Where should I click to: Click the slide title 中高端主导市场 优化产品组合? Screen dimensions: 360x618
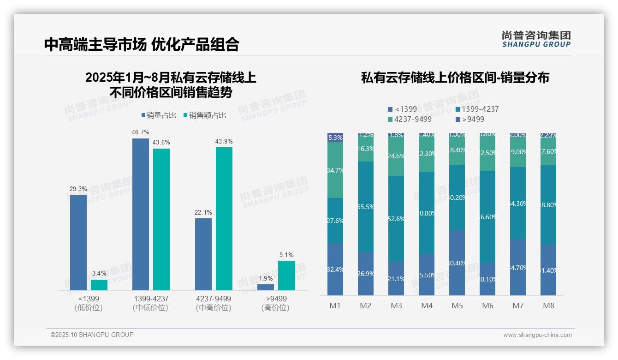(x=142, y=44)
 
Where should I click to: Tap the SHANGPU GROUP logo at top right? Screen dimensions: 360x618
(x=536, y=39)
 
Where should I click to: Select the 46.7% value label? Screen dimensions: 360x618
(x=140, y=132)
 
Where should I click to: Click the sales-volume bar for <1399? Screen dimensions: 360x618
(x=78, y=242)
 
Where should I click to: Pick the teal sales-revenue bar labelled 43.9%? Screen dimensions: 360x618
(x=224, y=218)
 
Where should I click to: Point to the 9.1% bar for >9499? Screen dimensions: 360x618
(x=286, y=275)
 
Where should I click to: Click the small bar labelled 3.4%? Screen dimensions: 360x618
(x=99, y=285)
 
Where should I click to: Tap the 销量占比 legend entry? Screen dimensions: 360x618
(x=159, y=115)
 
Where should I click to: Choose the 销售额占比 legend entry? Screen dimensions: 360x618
(x=204, y=115)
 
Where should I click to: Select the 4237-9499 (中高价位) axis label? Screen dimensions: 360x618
(x=213, y=303)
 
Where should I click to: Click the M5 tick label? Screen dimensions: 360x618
(x=457, y=306)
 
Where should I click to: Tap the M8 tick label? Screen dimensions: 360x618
(x=548, y=306)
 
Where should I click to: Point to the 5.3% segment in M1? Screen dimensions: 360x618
(x=335, y=137)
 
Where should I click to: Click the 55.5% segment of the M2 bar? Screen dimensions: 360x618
(x=366, y=207)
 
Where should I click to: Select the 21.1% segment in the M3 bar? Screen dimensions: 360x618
(x=396, y=278)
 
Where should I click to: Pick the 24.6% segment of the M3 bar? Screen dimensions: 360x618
(x=396, y=156)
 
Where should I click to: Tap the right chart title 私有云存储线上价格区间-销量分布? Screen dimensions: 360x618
(x=455, y=78)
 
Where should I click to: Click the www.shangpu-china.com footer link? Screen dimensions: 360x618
(x=537, y=335)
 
